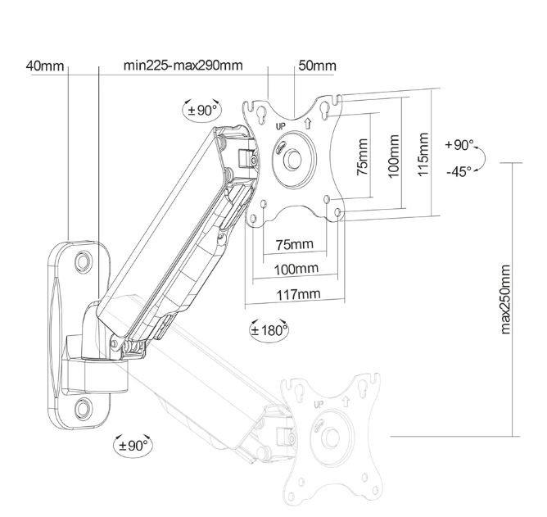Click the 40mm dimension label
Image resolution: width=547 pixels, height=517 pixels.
pos(45,66)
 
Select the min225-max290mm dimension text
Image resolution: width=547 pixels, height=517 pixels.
pos(183,66)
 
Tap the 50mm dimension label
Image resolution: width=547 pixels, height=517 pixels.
pos(318,66)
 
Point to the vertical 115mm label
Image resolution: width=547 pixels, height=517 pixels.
pos(423,154)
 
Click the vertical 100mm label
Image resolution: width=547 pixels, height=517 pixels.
pos(394,156)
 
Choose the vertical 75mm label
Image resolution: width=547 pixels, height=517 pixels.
pos(362,157)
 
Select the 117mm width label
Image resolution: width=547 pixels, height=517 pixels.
pos(298,294)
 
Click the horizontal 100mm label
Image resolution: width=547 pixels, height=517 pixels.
pos(296,269)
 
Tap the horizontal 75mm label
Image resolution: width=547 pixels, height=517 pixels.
pos(295,244)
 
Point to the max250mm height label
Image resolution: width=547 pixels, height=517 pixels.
pos(505,300)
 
